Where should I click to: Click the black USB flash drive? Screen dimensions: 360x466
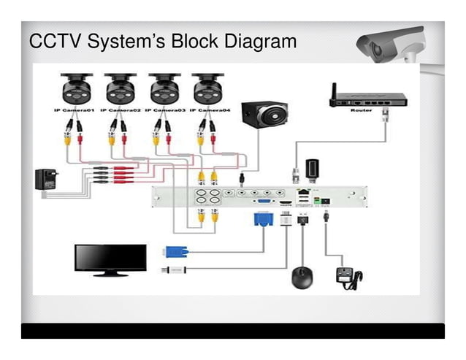coord(310,169)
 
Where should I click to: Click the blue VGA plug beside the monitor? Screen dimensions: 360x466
coord(177,252)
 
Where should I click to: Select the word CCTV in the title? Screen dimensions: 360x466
coord(55,42)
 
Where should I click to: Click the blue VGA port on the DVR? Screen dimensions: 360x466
coord(264,199)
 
